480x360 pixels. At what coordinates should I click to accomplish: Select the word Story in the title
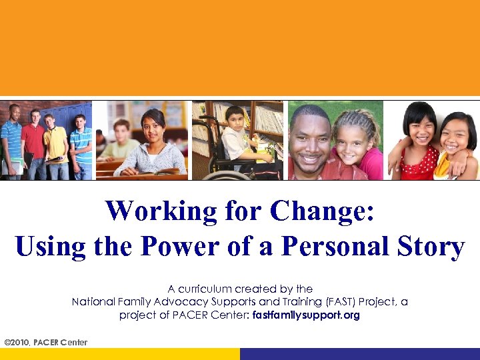tap(427, 247)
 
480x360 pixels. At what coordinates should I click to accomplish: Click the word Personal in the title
tap(331, 247)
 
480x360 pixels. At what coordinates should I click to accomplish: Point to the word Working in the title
tap(160, 212)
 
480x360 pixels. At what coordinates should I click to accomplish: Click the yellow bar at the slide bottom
tap(120, 354)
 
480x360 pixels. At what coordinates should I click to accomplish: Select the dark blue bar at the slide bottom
tap(360, 354)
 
